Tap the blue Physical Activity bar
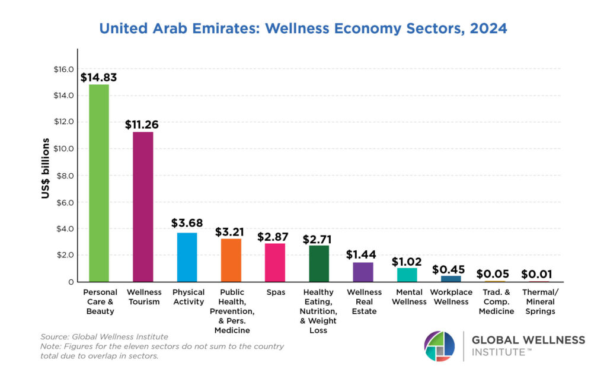(187, 257)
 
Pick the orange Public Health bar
(231, 260)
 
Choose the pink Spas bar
(275, 262)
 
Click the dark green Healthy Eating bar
(319, 263)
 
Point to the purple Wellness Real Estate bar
(363, 272)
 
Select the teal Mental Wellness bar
(407, 275)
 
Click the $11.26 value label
(142, 125)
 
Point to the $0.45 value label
(449, 269)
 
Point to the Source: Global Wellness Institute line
(104, 337)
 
